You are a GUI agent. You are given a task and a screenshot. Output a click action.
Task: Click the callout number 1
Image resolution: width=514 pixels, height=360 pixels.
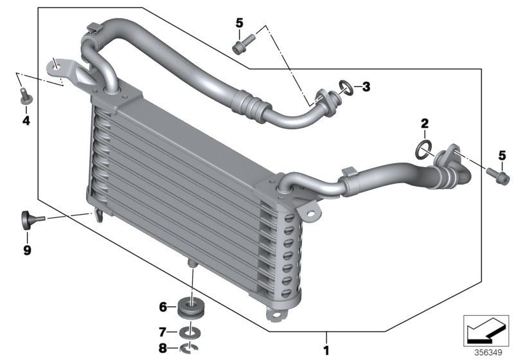click(326, 351)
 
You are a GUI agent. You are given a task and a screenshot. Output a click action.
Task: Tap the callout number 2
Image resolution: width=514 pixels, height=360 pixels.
click(424, 122)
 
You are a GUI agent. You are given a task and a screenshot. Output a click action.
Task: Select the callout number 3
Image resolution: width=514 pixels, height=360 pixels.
click(366, 86)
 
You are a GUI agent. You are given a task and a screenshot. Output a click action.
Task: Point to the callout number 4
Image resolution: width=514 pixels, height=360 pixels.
click(26, 120)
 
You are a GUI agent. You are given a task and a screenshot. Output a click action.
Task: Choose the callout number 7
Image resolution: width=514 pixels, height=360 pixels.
click(163, 332)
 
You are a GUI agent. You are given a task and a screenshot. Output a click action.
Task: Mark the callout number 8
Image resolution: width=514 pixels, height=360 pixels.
click(163, 349)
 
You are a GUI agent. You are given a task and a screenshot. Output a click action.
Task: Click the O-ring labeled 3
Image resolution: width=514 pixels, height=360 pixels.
click(345, 85)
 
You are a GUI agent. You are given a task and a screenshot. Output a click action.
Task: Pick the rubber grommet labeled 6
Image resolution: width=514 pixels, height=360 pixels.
click(189, 308)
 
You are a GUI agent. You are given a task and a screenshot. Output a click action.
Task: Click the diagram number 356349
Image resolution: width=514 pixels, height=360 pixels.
click(488, 352)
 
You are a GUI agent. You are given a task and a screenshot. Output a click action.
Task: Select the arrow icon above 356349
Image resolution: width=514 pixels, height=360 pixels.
click(488, 330)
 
